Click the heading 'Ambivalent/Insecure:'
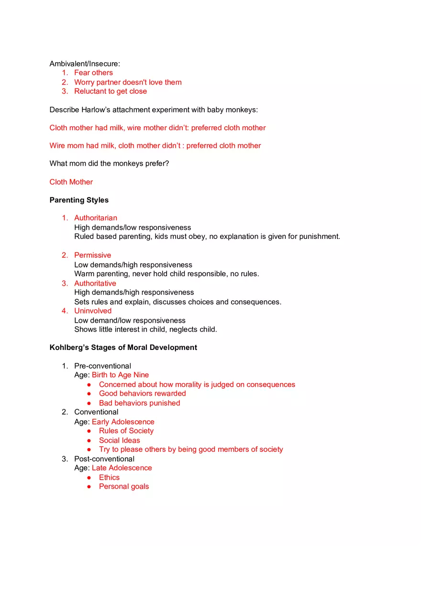pos(85,64)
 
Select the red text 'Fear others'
pos(93,73)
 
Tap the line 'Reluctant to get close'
pos(111,91)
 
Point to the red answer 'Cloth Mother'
pos(71,182)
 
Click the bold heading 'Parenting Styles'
pos(79,200)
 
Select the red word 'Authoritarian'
pos(96,218)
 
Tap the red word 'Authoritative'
pos(95,283)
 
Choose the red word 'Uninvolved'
pos(93,311)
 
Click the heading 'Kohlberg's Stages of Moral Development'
pos(123,348)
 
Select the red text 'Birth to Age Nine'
pos(120,375)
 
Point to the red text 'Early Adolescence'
pos(123,422)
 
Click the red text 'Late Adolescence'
pos(122,468)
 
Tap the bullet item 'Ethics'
pos(109,477)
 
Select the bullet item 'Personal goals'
pos(124,486)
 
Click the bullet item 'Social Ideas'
pos(120,440)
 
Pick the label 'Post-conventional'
pos(104,459)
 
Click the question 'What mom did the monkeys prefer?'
pos(109,164)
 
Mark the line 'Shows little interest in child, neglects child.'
pos(145,329)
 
